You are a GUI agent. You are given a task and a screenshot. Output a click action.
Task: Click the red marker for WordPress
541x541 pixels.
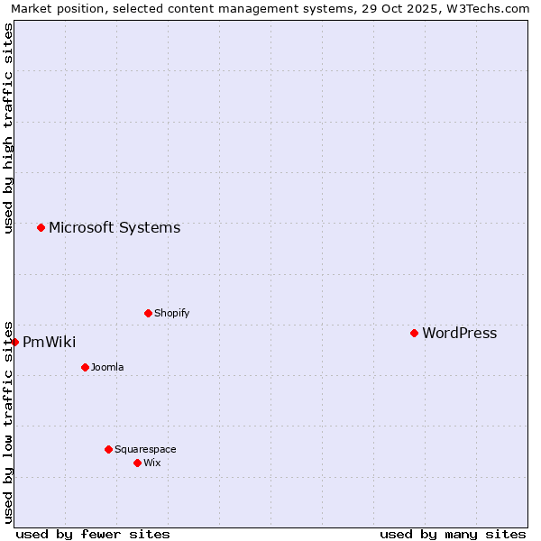point(414,334)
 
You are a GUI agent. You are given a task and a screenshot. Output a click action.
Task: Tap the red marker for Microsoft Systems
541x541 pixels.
point(41,227)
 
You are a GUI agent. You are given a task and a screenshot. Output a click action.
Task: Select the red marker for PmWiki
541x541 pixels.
point(15,342)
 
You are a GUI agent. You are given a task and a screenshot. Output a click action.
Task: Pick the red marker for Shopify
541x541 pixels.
point(148,313)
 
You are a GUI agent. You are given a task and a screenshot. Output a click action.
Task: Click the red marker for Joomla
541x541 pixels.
point(85,367)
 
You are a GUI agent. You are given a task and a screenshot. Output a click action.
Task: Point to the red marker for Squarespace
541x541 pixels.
point(108,449)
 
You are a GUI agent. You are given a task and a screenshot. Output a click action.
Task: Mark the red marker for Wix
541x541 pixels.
point(137,463)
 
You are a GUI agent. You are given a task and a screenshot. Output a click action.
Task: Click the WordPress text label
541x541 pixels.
point(459,334)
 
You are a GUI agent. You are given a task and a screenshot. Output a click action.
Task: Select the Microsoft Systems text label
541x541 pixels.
point(115,228)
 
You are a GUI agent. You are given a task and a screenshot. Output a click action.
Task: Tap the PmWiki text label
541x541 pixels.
point(49,343)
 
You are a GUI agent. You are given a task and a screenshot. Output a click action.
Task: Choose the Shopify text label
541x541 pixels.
point(171,314)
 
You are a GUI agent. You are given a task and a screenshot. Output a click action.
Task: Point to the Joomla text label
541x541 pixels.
point(107,368)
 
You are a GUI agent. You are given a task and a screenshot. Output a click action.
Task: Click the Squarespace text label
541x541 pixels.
point(145,450)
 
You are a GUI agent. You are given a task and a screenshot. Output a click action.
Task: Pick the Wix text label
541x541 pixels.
point(151,463)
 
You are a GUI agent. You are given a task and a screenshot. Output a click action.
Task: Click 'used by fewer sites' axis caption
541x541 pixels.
point(93,534)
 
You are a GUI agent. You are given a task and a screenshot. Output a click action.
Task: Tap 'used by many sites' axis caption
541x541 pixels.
point(453,534)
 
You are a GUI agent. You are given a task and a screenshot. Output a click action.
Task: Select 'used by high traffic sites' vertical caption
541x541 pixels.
point(8,129)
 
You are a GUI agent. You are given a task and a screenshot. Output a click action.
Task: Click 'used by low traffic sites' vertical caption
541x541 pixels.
point(8,422)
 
